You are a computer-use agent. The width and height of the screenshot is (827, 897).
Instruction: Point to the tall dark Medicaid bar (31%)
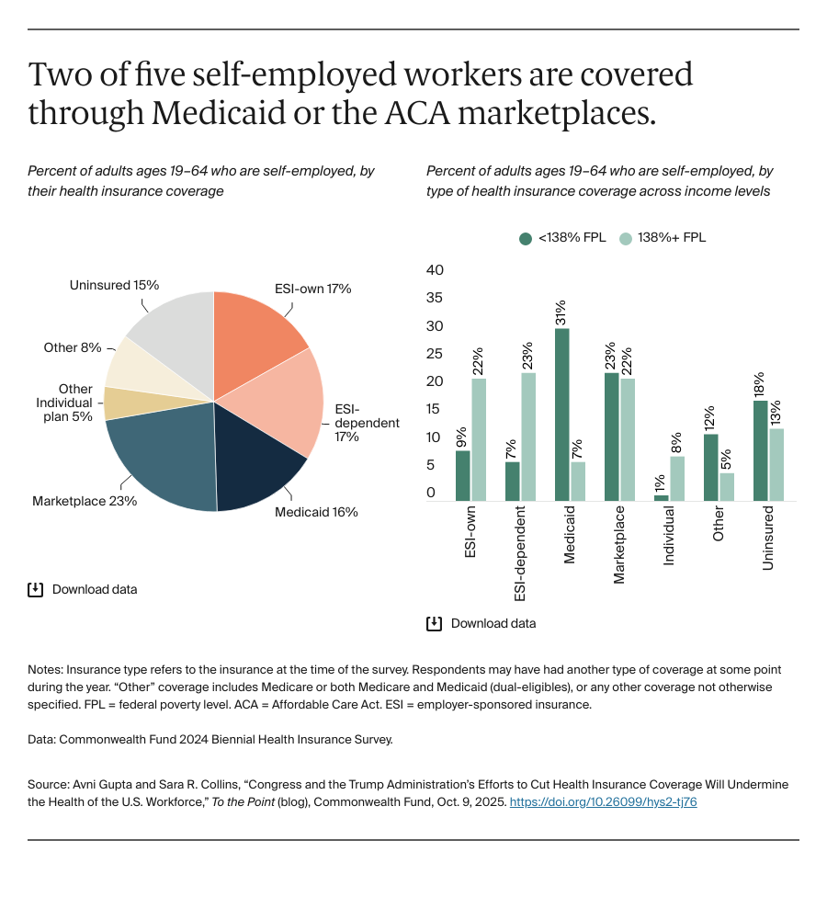tap(562, 414)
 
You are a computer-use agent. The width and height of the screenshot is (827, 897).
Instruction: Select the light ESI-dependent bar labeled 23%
tap(527, 437)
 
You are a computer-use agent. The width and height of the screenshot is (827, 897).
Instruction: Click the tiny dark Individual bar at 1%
tap(662, 497)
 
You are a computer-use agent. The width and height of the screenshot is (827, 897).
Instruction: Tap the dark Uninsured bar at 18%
tap(761, 450)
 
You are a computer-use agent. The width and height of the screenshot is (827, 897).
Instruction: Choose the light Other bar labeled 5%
tap(726, 486)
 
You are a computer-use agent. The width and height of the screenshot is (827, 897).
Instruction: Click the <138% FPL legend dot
tap(526, 238)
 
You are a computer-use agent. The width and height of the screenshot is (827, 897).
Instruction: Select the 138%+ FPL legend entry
tap(662, 238)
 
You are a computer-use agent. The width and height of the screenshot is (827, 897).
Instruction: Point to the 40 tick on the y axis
tap(436, 270)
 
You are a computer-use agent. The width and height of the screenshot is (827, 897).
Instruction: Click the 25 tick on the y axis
tap(436, 354)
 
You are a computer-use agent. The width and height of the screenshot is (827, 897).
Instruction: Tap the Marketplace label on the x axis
tap(619, 544)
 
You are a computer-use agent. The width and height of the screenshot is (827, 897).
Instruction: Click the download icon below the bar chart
tap(434, 623)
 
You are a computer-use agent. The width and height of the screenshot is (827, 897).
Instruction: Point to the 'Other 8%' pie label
tap(73, 348)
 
